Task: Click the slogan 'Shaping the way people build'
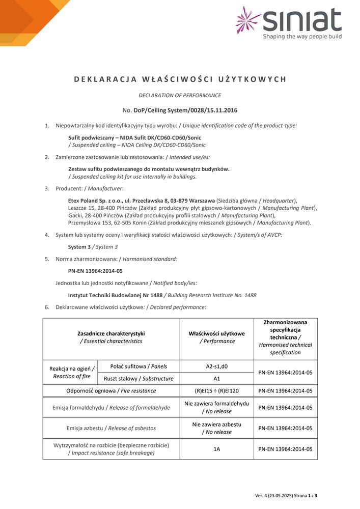click(302, 37)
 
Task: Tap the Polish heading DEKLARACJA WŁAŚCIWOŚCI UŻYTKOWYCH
click(180, 79)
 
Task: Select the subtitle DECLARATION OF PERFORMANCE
click(180, 95)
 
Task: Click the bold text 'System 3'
click(80, 246)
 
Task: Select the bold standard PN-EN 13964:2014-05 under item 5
click(95, 271)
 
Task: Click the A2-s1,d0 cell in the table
click(217, 366)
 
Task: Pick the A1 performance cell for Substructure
click(217, 378)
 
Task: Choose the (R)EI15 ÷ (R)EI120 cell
click(217, 391)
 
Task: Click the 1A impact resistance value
click(217, 449)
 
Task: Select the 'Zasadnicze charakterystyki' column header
click(111, 337)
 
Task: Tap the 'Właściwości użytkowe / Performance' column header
click(217, 337)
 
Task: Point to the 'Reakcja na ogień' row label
click(71, 372)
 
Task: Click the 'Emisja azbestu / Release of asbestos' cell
click(111, 428)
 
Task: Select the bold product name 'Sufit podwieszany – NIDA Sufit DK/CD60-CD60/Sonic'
click(134, 137)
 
